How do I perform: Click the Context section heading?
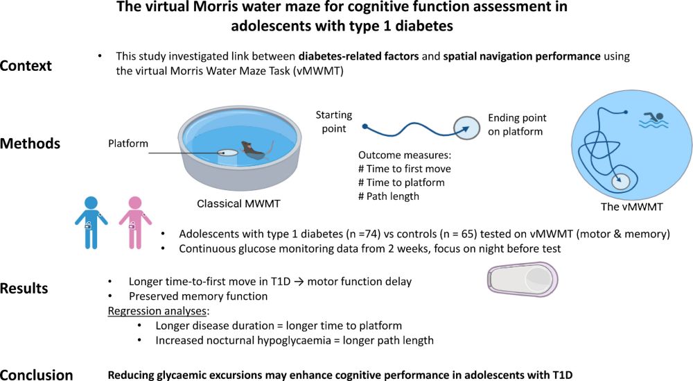(26, 65)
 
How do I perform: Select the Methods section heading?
(30, 144)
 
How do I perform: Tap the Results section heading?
(26, 288)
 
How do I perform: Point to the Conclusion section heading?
(37, 375)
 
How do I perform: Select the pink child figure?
(134, 220)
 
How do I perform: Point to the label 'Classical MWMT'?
(234, 203)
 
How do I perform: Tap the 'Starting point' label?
(333, 121)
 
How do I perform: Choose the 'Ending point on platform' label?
(517, 125)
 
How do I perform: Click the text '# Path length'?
(389, 196)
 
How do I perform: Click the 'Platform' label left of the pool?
(128, 144)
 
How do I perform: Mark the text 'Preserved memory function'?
(188, 296)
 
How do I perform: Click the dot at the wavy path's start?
(365, 126)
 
